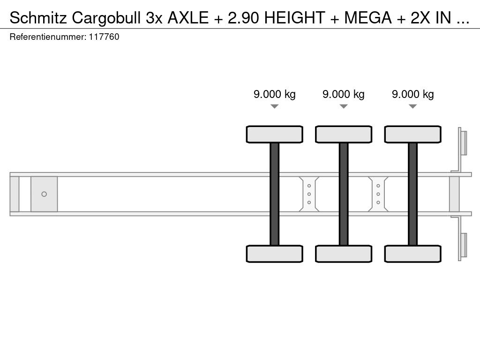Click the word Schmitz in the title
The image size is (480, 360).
point(38,18)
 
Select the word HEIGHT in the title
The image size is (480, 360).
point(294,18)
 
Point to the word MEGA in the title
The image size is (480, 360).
point(368,18)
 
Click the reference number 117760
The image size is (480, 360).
point(104,37)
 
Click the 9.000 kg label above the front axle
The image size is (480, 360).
point(275,94)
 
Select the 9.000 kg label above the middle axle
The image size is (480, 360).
point(344,94)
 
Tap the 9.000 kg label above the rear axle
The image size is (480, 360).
point(412,94)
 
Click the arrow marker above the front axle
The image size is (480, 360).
point(275,106)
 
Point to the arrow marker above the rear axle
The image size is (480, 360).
point(412,106)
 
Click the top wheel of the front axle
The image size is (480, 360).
point(275,135)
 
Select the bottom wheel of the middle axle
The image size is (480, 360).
point(344,254)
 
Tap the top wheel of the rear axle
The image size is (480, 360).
point(412,135)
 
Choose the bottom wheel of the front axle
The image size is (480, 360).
point(275,254)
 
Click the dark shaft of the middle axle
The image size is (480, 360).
point(344,194)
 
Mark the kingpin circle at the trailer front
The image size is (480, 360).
point(44,194)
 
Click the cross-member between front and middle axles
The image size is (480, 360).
point(309,194)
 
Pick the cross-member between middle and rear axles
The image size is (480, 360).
point(378,194)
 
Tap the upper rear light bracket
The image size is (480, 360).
point(461,150)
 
